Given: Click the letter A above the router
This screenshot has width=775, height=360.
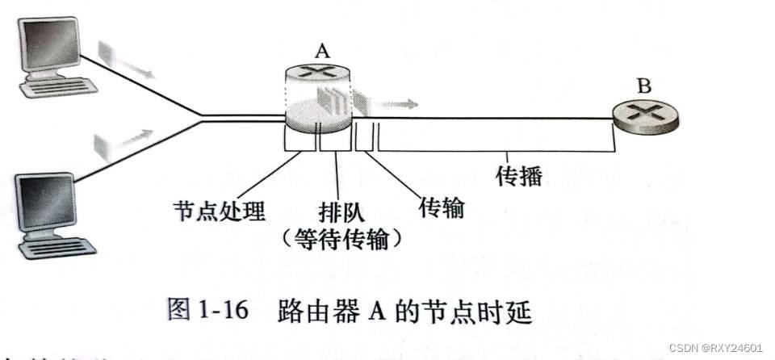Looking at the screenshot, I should click(322, 52).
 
